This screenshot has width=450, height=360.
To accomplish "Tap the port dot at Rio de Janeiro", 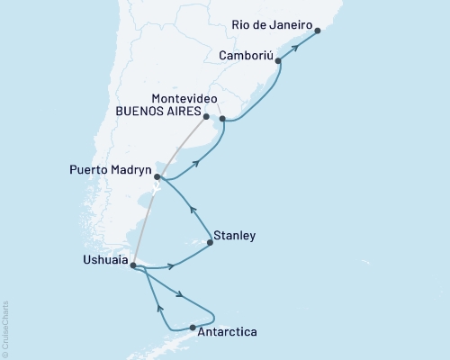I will click(318, 31).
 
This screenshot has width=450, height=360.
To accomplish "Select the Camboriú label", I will click(245, 55).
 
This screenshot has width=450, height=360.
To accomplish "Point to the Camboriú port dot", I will click(279, 61).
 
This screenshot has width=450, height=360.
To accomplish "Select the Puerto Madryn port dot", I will click(157, 177).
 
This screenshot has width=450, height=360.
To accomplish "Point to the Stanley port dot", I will click(210, 242).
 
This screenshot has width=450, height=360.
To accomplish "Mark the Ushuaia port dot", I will click(132, 265).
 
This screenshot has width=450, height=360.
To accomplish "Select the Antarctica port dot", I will click(193, 327).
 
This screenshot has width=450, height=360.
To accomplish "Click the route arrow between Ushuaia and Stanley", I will click(170, 265).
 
